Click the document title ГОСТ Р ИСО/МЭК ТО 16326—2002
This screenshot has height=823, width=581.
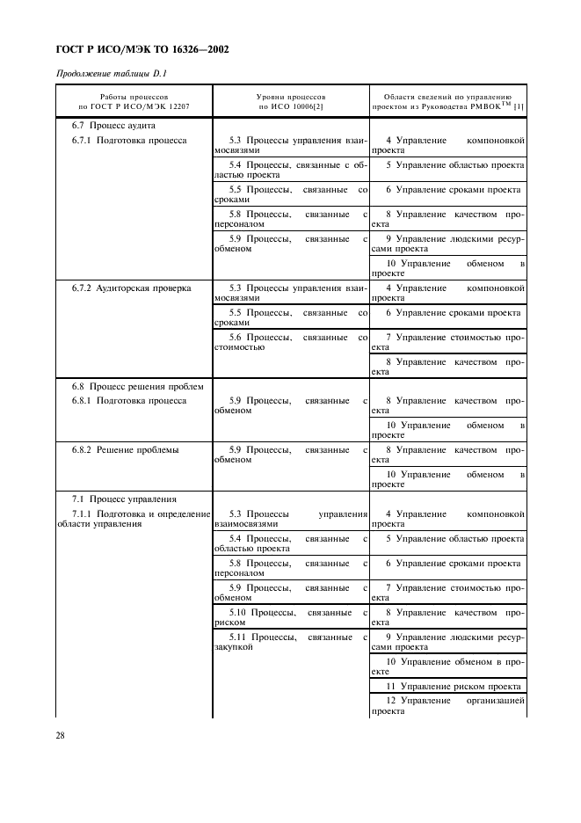142,49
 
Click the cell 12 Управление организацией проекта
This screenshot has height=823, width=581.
447,706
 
